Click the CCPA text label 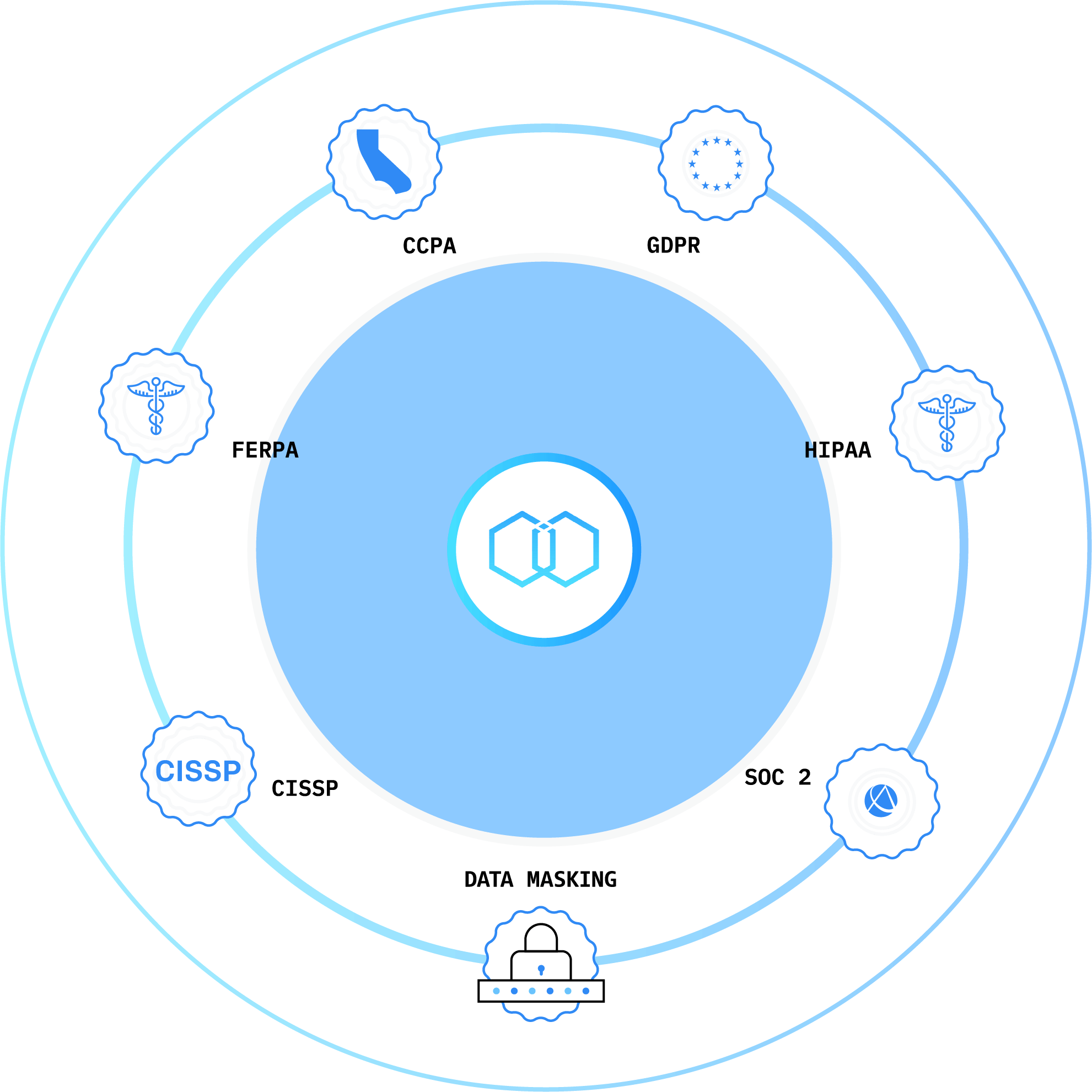pos(429,246)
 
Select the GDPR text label pos(673,245)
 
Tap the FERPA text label pos(265,450)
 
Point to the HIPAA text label pos(838,450)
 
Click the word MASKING pos(572,879)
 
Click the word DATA pos(489,879)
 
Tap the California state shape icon pos(384,162)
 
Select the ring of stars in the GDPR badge pos(716,163)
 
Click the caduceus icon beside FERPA pos(156,406)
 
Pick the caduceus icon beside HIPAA pos(946,423)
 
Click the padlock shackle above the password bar pos(541,939)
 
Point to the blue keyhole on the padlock pos(541,970)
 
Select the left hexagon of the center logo pos(521,549)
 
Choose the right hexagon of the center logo pos(566,549)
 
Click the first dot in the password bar pos(496,991)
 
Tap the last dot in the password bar pos(585,991)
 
